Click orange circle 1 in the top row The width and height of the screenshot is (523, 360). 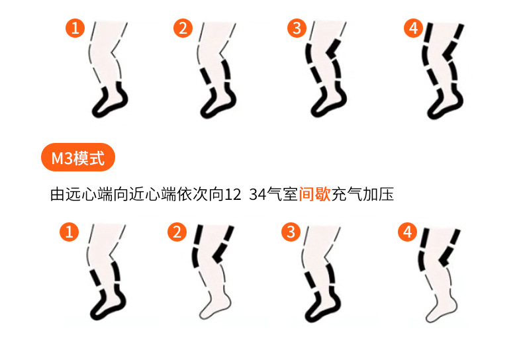point(75,28)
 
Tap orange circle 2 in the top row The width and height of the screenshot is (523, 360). point(183,28)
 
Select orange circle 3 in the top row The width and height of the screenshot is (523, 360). point(297,28)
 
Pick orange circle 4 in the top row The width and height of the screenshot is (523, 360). point(413,28)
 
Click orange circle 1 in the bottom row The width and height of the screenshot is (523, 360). point(69,232)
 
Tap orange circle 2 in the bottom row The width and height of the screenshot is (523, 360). point(177,232)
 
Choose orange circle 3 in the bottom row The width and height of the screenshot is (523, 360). point(291,232)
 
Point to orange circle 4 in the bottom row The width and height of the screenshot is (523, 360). point(407,232)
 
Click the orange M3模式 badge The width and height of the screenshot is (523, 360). point(78,157)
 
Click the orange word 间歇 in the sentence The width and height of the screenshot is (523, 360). point(314,195)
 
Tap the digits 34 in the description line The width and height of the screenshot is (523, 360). point(257,195)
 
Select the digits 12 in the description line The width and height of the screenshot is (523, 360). point(233,195)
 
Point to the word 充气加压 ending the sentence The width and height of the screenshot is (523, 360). point(363,195)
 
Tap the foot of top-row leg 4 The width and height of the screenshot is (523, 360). point(446,103)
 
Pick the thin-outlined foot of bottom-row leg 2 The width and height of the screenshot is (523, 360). point(215,306)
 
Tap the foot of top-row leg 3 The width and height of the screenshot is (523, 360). point(329,103)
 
